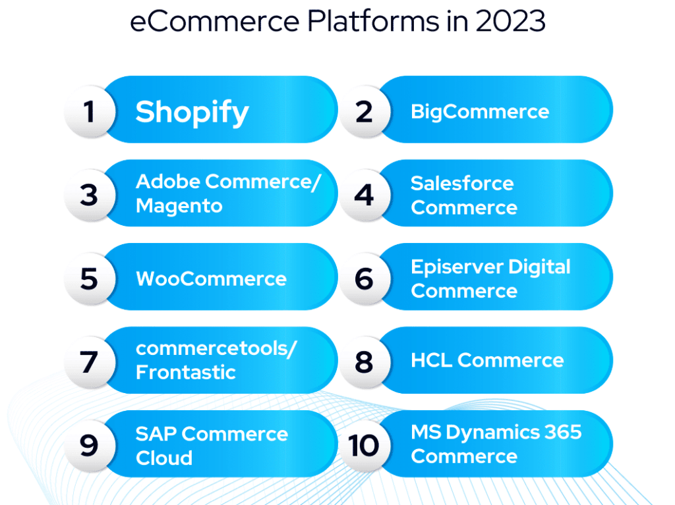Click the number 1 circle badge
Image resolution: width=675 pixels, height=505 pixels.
click(x=90, y=111)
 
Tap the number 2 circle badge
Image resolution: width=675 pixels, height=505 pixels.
click(x=364, y=111)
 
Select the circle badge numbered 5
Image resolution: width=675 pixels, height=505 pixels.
click(x=90, y=279)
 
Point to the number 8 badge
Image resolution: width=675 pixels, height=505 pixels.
click(x=364, y=361)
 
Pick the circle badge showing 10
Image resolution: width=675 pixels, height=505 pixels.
click(x=364, y=445)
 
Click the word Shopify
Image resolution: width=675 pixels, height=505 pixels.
click(x=192, y=112)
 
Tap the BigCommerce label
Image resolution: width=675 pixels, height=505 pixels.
click(x=479, y=111)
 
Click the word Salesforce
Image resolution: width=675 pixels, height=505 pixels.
click(x=462, y=183)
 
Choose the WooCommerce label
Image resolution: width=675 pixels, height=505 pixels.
click(x=211, y=279)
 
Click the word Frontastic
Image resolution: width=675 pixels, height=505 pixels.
click(x=185, y=373)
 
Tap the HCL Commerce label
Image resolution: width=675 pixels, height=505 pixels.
click(x=487, y=361)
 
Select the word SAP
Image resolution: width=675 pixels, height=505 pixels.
click(x=156, y=434)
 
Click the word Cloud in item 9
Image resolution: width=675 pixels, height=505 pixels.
click(x=164, y=458)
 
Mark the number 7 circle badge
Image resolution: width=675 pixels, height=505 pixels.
click(x=90, y=361)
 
